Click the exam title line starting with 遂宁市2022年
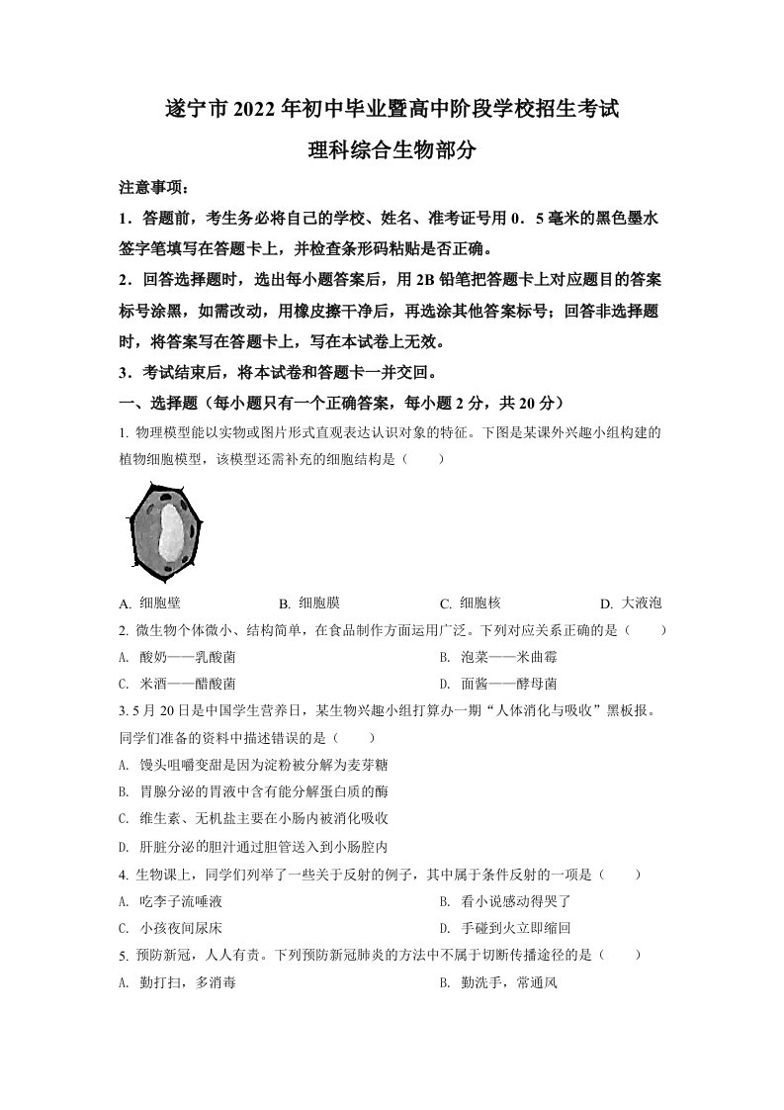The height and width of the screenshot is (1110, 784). [x=392, y=108]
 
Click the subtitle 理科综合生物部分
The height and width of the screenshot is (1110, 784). [x=392, y=150]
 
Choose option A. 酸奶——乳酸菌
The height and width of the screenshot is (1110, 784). [x=178, y=657]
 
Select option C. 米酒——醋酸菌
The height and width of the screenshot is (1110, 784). [x=178, y=684]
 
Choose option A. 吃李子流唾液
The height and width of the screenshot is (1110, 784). [x=171, y=901]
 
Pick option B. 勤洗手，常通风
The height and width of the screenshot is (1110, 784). [x=497, y=982]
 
